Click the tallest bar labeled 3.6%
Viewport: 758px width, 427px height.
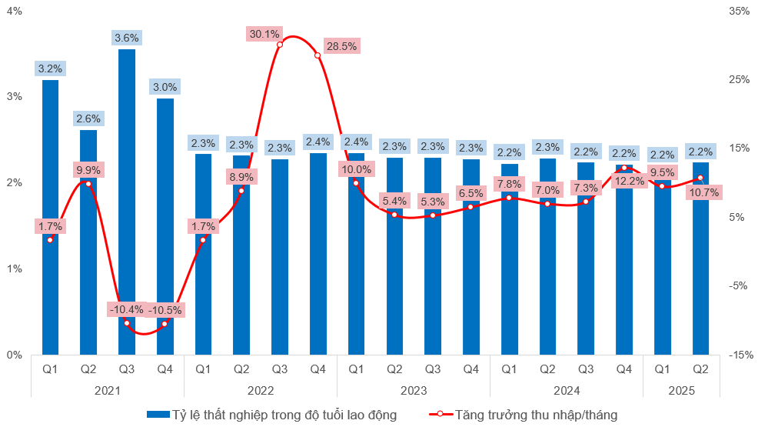[127, 200]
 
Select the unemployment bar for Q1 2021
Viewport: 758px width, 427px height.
[50, 215]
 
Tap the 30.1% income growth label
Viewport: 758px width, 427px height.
[264, 34]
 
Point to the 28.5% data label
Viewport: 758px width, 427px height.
[341, 46]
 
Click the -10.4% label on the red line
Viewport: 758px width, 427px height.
[127, 309]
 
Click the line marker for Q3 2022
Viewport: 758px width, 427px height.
[280, 45]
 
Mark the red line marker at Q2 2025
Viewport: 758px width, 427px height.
[700, 178]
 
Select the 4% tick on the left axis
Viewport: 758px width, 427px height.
[14, 12]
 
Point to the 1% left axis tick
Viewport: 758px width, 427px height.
[14, 269]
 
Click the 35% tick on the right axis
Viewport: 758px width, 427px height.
[739, 12]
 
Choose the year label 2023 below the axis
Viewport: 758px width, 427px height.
[414, 391]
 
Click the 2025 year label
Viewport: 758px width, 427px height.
[681, 391]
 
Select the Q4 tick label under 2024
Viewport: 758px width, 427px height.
[624, 369]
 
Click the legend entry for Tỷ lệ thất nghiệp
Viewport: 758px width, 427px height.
[271, 415]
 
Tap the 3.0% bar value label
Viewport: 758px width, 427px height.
[165, 87]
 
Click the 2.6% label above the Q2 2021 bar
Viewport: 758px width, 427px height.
[88, 118]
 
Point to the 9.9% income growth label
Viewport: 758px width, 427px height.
[88, 169]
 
